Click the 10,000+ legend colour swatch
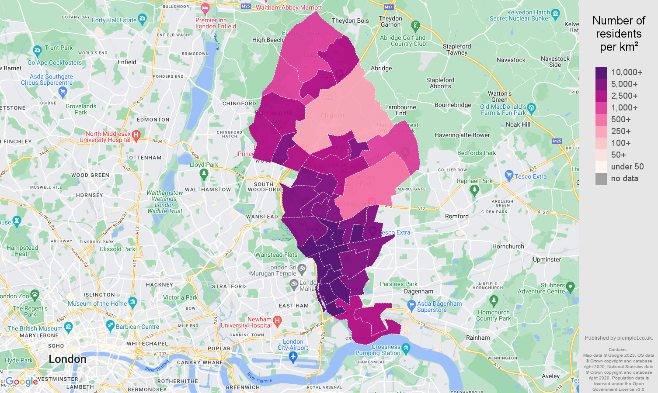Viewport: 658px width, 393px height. coord(601,72)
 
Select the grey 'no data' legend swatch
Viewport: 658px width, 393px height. coord(601,179)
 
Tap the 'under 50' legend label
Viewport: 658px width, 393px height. coord(627,167)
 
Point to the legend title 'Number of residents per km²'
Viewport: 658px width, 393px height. coord(619,34)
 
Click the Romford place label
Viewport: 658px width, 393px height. coord(456,216)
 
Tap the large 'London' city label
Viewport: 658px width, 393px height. coord(67,359)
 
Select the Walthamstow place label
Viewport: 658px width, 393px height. coord(208,190)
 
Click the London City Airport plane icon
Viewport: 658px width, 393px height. coord(293,357)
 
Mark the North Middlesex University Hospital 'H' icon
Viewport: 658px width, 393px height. coord(136,135)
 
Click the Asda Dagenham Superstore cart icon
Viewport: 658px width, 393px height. coord(411,304)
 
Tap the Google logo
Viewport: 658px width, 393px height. coord(22,382)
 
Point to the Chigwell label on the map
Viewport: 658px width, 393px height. coord(332,116)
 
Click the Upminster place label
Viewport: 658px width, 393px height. coord(547,259)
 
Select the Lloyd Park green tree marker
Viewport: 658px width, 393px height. coord(204,174)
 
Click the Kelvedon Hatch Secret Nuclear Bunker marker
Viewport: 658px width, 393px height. coord(555,14)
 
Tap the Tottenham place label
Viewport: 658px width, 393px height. coord(143,158)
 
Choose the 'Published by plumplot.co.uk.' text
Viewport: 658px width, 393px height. coord(619,338)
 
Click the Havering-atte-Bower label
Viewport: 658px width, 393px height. coord(462,135)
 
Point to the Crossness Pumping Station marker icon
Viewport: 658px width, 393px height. coord(406,348)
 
